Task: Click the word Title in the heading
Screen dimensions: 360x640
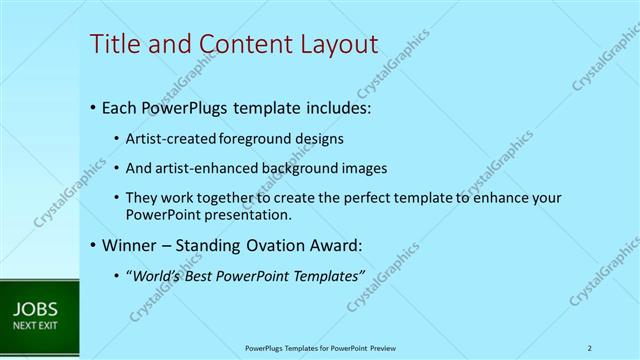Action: pyautogui.click(x=113, y=44)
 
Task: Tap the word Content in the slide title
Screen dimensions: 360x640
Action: pyautogui.click(x=234, y=44)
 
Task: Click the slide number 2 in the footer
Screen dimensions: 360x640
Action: pyautogui.click(x=590, y=348)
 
